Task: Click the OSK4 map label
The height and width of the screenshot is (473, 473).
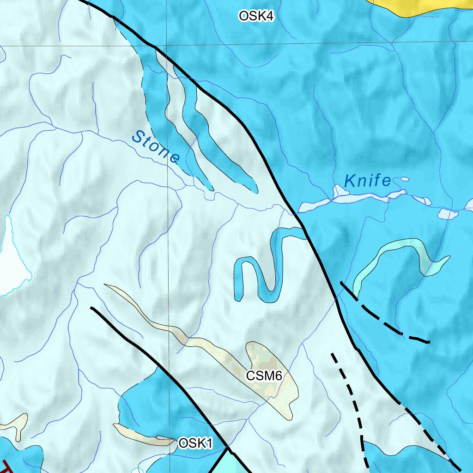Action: pyautogui.click(x=256, y=16)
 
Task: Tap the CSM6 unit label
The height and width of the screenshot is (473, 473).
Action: pyautogui.click(x=264, y=376)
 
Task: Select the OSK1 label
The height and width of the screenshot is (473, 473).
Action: pyautogui.click(x=195, y=443)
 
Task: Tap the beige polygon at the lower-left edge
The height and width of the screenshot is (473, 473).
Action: pyautogui.click(x=16, y=425)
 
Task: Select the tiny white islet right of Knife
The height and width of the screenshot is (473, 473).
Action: pyautogui.click(x=405, y=179)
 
